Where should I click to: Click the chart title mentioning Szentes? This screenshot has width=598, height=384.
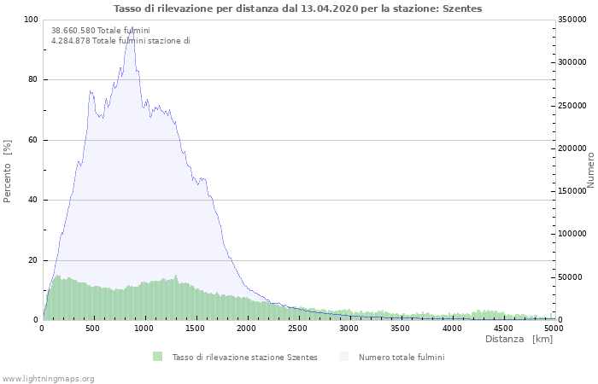pos(298,9)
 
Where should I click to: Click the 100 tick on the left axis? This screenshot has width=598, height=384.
pos(32,20)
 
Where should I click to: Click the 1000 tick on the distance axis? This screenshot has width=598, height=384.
pos(144,328)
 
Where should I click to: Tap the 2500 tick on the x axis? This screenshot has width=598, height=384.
pos(298,328)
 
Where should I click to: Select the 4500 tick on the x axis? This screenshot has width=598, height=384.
pos(503,328)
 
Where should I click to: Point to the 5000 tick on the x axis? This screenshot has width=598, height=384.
pos(554,328)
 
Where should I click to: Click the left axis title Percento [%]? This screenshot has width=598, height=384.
pos(8,171)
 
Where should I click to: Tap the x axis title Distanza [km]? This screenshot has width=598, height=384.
pos(519,340)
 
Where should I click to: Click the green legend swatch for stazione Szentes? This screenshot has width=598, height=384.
pos(158,357)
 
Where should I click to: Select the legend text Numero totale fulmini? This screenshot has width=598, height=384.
pos(402,357)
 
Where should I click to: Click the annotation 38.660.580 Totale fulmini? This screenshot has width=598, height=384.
pos(101,31)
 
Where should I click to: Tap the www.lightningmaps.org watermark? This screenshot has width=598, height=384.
pos(48,378)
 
